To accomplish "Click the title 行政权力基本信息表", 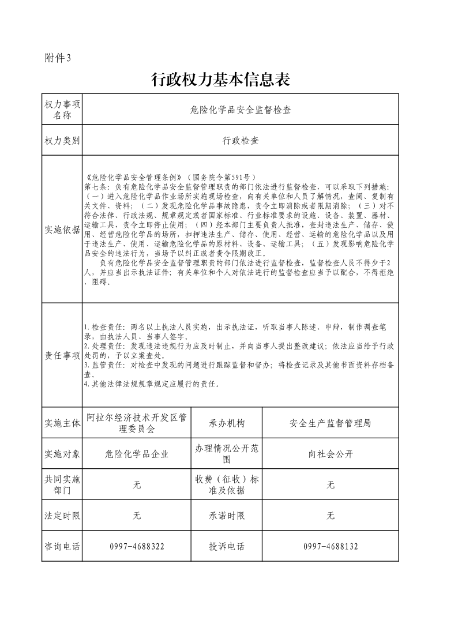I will [x=220, y=80].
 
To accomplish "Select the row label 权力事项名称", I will [x=62, y=109].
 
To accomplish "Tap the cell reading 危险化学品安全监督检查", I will [x=240, y=110].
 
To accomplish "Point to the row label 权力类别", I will [x=62, y=140].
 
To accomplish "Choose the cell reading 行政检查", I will [x=241, y=140].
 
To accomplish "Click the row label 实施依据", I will [x=62, y=230].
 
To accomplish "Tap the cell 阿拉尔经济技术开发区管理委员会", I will [x=137, y=423].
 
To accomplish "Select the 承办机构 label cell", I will [x=227, y=423].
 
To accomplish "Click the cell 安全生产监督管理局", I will [x=330, y=423].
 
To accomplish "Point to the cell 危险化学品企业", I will [x=137, y=454].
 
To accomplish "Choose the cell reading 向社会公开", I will [x=330, y=454].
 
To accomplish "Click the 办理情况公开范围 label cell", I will [x=227, y=454].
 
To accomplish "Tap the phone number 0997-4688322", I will [x=137, y=546].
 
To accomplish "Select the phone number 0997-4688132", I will [x=330, y=546].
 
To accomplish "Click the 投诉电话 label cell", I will [x=227, y=546].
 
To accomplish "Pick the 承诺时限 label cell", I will [x=227, y=516].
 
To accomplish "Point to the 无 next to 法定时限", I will [x=137, y=516].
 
